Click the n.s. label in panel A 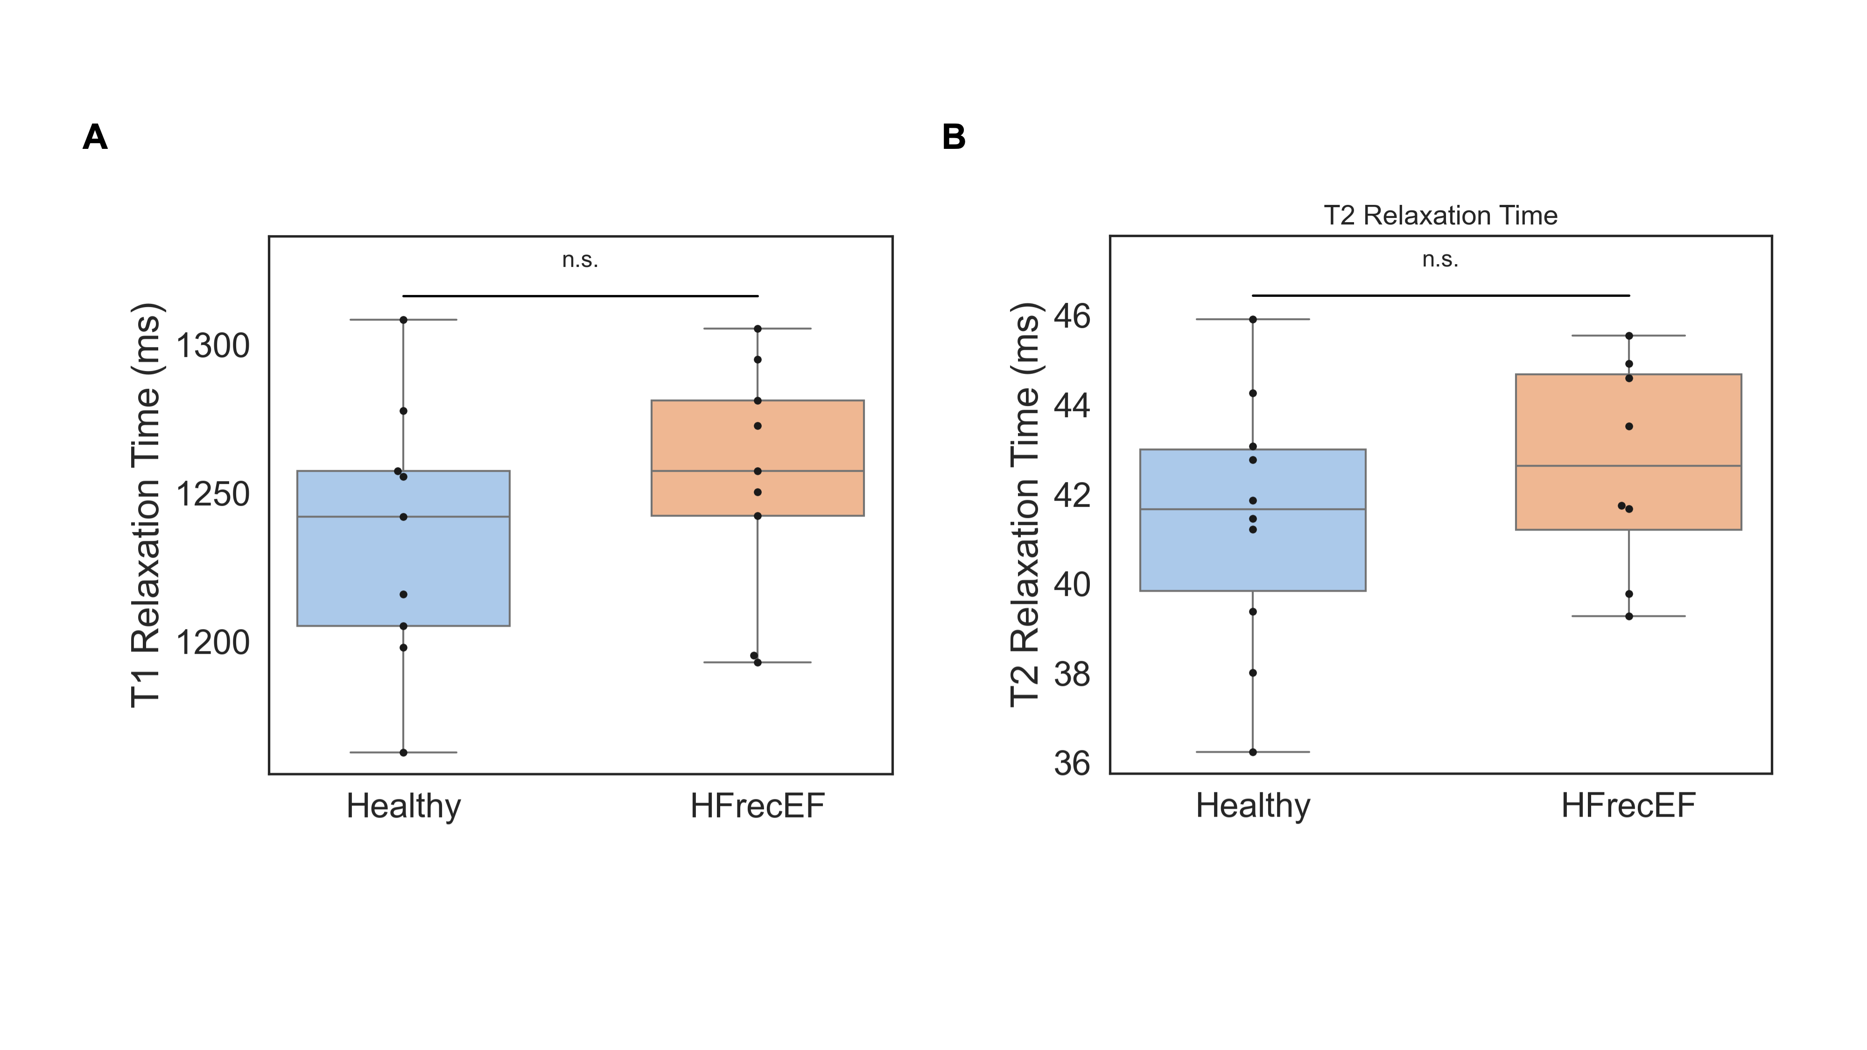(x=580, y=259)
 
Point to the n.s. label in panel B (x=1440, y=259)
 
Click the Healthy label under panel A (x=404, y=806)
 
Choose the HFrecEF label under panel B (x=1628, y=806)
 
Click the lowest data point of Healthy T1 (x=404, y=752)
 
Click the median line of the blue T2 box (x=1305, y=510)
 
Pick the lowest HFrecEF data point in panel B (x=1628, y=616)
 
